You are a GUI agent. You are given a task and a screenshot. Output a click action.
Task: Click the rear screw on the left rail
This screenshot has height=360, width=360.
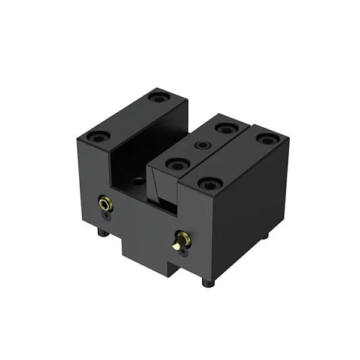tap(158, 97)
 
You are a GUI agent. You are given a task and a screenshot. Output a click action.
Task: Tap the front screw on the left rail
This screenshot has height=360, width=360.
tap(98, 136)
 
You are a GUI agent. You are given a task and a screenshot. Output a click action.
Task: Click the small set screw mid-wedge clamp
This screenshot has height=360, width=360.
tap(200, 145)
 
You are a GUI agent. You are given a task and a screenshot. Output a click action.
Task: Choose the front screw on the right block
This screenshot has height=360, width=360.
tap(210, 184)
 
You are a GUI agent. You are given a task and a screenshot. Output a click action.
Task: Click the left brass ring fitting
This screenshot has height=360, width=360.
tap(106, 204)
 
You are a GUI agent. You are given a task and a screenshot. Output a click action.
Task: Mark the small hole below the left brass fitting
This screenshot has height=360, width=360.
tap(107, 215)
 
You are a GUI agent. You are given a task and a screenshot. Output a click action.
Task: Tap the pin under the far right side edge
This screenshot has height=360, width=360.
tap(265, 236)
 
